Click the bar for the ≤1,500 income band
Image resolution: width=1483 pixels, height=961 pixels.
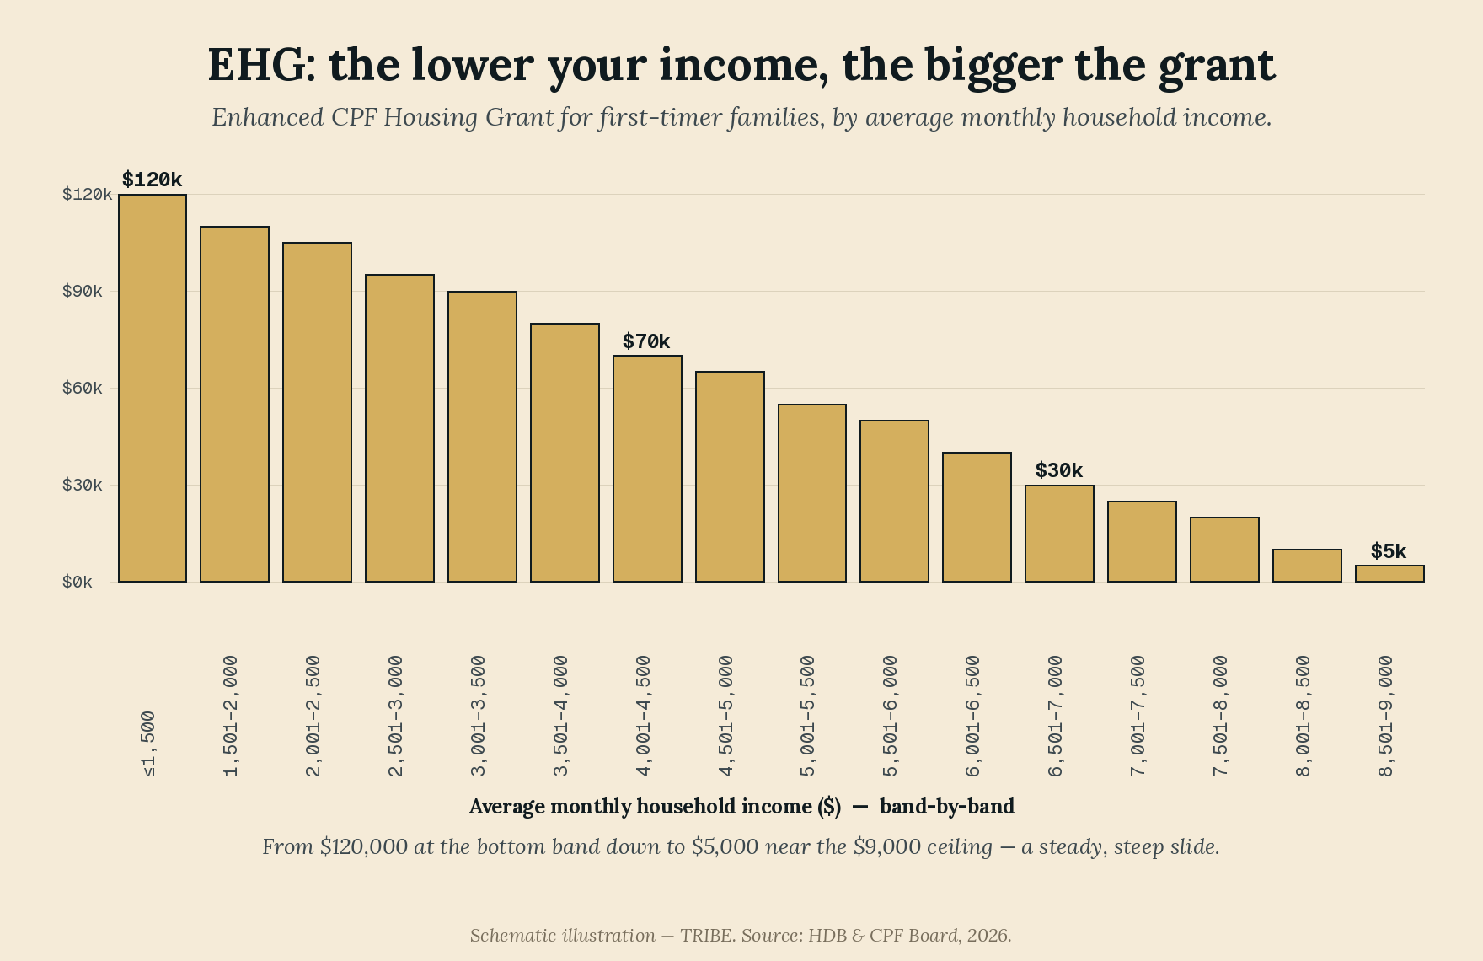[x=153, y=388]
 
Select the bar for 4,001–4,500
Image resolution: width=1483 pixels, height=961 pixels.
[x=647, y=469]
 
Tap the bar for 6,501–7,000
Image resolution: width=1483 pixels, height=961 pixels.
[x=1059, y=534]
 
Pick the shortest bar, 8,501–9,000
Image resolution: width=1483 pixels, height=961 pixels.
[x=1389, y=573]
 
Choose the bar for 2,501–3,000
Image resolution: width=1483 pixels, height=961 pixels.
[x=399, y=428]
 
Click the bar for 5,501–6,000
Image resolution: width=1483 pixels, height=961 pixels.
[x=894, y=501]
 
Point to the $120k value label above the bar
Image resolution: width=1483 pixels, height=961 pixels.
[x=152, y=180]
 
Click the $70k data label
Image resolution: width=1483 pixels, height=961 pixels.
[x=646, y=341]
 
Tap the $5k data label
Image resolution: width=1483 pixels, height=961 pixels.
[x=1389, y=551]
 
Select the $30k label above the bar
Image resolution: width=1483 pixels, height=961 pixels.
[x=1059, y=470]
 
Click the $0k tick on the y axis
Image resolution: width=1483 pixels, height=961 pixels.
[x=77, y=582]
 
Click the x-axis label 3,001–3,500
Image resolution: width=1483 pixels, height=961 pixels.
[x=479, y=716]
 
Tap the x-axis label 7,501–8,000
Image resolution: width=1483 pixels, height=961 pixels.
[x=1221, y=716]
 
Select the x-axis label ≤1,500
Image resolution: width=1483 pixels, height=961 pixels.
[x=149, y=744]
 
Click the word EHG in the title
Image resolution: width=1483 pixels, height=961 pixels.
[x=261, y=64]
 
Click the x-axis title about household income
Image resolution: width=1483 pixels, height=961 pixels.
[x=741, y=807]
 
